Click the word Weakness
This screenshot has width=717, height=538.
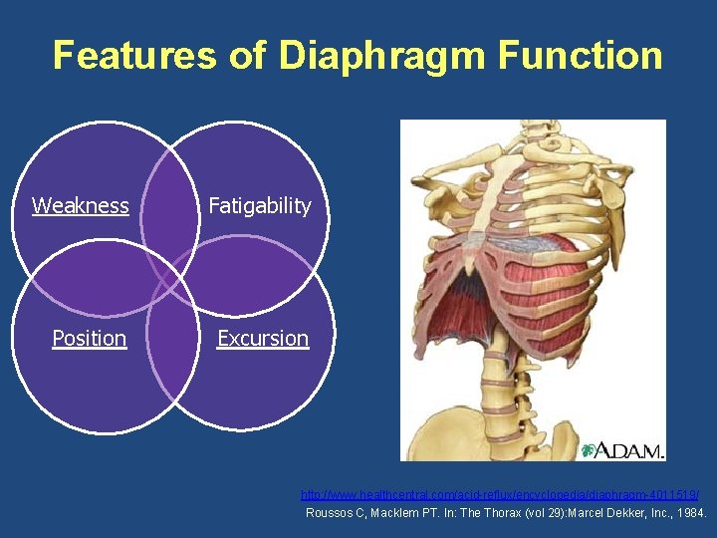coord(81,206)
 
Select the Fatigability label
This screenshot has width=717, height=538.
coord(260,206)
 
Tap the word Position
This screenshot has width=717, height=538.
coord(90,339)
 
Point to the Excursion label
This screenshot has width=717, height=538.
coord(263,339)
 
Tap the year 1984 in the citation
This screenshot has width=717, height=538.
coord(686,513)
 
